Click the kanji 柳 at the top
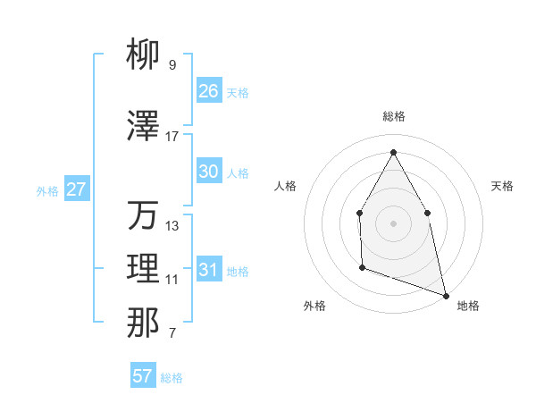tap(143, 56)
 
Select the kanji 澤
tap(143, 128)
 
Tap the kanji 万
tap(143, 215)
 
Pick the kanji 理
tap(143, 269)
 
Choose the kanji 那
tap(143, 323)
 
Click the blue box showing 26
tap(208, 90)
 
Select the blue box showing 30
tap(208, 172)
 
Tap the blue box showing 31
tap(208, 270)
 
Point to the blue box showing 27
tap(77, 189)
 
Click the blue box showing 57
tap(143, 376)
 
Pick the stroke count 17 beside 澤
tap(172, 137)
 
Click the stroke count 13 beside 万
tap(172, 225)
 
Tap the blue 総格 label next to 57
tap(172, 378)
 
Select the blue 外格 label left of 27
tap(47, 190)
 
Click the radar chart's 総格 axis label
tap(393, 116)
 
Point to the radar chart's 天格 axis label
tap(502, 186)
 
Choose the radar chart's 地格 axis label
tap(468, 306)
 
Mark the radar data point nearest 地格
tap(445, 294)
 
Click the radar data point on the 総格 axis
tap(393, 152)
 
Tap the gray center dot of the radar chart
tap(393, 223)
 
